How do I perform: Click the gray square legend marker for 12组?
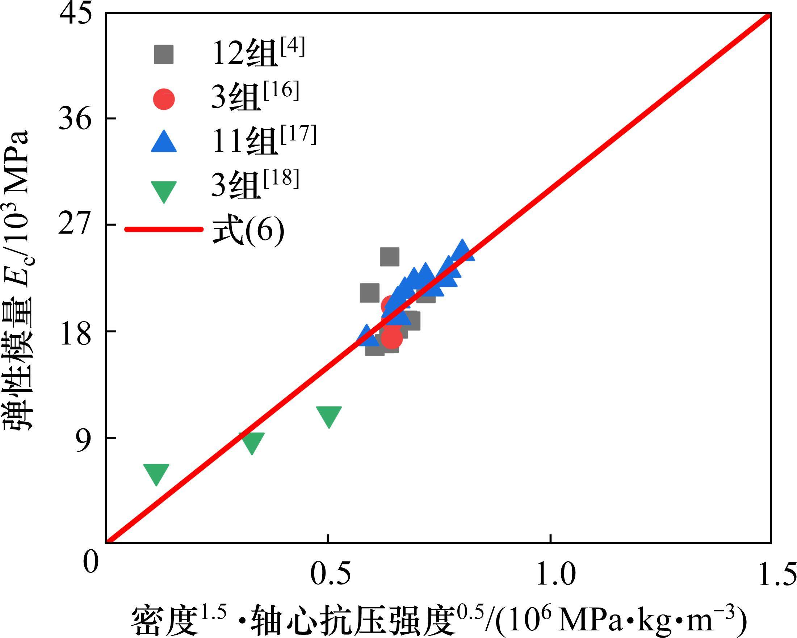[164, 55]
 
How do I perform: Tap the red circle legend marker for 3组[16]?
[164, 99]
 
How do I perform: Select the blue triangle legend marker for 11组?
[164, 143]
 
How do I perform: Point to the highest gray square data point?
[390, 256]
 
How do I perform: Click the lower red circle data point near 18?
[391, 337]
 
